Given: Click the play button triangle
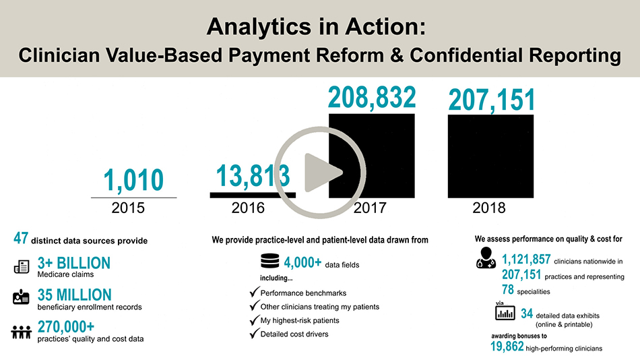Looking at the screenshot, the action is (321, 173).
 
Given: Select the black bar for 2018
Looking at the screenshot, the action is (490, 156).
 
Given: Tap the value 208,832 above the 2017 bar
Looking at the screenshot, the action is (372, 98).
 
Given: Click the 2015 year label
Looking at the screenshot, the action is (128, 208).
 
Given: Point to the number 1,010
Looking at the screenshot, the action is (133, 180).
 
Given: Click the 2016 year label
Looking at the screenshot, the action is (248, 208).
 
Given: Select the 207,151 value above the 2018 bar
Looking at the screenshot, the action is (491, 100).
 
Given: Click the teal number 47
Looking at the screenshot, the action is (21, 238).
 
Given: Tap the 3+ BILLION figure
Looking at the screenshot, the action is (74, 263).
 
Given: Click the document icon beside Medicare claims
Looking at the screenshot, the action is (22, 266).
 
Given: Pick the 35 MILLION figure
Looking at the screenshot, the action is (75, 295).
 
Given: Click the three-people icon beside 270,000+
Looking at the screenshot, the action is (22, 332).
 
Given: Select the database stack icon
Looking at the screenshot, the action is (269, 261).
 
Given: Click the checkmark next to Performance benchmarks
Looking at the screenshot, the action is (254, 292).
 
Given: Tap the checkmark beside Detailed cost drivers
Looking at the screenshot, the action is (254, 333).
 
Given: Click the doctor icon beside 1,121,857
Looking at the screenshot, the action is (486, 258).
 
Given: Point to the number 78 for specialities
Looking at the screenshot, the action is (508, 289).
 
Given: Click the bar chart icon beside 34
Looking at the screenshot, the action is (505, 313).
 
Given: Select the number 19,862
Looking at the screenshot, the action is (507, 347).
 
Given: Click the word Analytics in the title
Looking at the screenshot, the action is (259, 26).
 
